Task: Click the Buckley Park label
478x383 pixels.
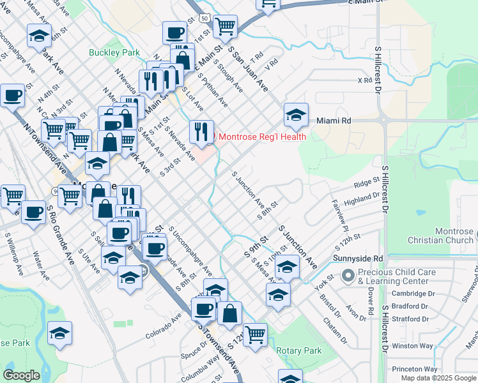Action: tap(105, 52)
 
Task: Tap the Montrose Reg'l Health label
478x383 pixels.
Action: tap(263, 137)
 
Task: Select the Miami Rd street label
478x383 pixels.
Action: tap(334, 120)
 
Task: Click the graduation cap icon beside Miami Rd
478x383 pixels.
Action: tap(296, 116)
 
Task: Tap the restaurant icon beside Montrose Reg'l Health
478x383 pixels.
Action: tap(201, 132)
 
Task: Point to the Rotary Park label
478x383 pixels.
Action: tap(299, 350)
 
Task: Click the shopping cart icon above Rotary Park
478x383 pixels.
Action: tap(255, 334)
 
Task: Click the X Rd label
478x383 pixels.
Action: tap(364, 80)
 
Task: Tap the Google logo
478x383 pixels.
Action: tap(21, 375)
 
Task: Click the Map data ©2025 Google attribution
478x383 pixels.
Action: tap(438, 378)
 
